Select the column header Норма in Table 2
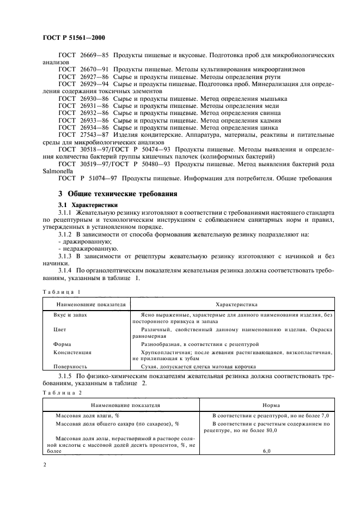tap(271, 405)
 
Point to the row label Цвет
tap(60, 330)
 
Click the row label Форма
tap(62, 344)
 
